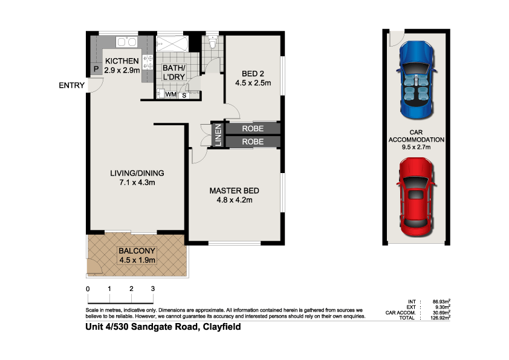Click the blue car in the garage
pyautogui.click(x=416, y=79)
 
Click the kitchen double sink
pyautogui.click(x=127, y=42)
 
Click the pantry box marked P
pyautogui.click(x=96, y=70)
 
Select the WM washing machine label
pyautogui.click(x=170, y=95)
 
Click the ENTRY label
pyautogui.click(x=71, y=85)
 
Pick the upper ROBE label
pyautogui.click(x=253, y=129)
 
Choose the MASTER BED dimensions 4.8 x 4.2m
pyautogui.click(x=230, y=200)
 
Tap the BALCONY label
pyautogui.click(x=137, y=251)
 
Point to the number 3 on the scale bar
pyautogui.click(x=153, y=289)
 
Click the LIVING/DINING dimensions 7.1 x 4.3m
pyautogui.click(x=137, y=182)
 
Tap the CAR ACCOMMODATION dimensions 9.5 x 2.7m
pyautogui.click(x=415, y=146)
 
